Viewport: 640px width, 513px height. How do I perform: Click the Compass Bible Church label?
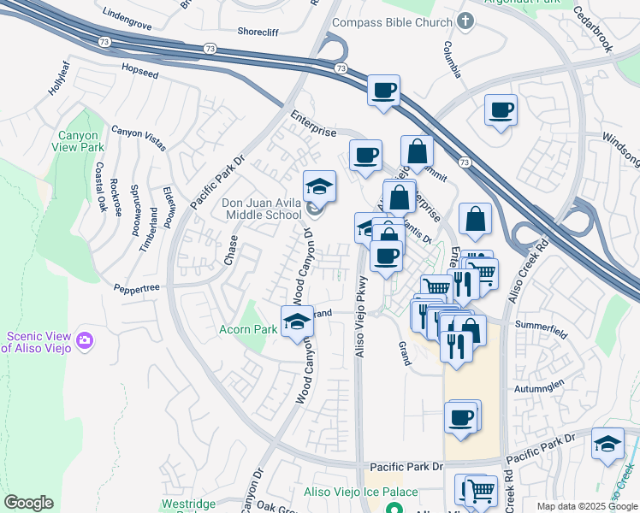391,22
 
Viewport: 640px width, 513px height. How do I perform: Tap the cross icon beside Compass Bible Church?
465,21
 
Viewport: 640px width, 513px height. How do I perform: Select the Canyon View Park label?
80,142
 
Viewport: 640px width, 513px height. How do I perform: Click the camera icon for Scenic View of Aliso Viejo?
84,341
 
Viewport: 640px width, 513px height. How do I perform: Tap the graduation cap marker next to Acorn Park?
297,321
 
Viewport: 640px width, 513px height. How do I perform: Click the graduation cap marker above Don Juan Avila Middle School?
319,187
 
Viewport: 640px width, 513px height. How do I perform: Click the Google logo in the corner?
28,503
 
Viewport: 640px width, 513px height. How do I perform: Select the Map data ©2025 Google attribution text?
586,506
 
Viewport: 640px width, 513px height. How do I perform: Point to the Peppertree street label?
136,288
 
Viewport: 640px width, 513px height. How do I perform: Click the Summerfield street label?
540,324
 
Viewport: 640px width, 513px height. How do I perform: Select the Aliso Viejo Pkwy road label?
361,316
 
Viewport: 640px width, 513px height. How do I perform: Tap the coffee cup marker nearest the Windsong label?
501,110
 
